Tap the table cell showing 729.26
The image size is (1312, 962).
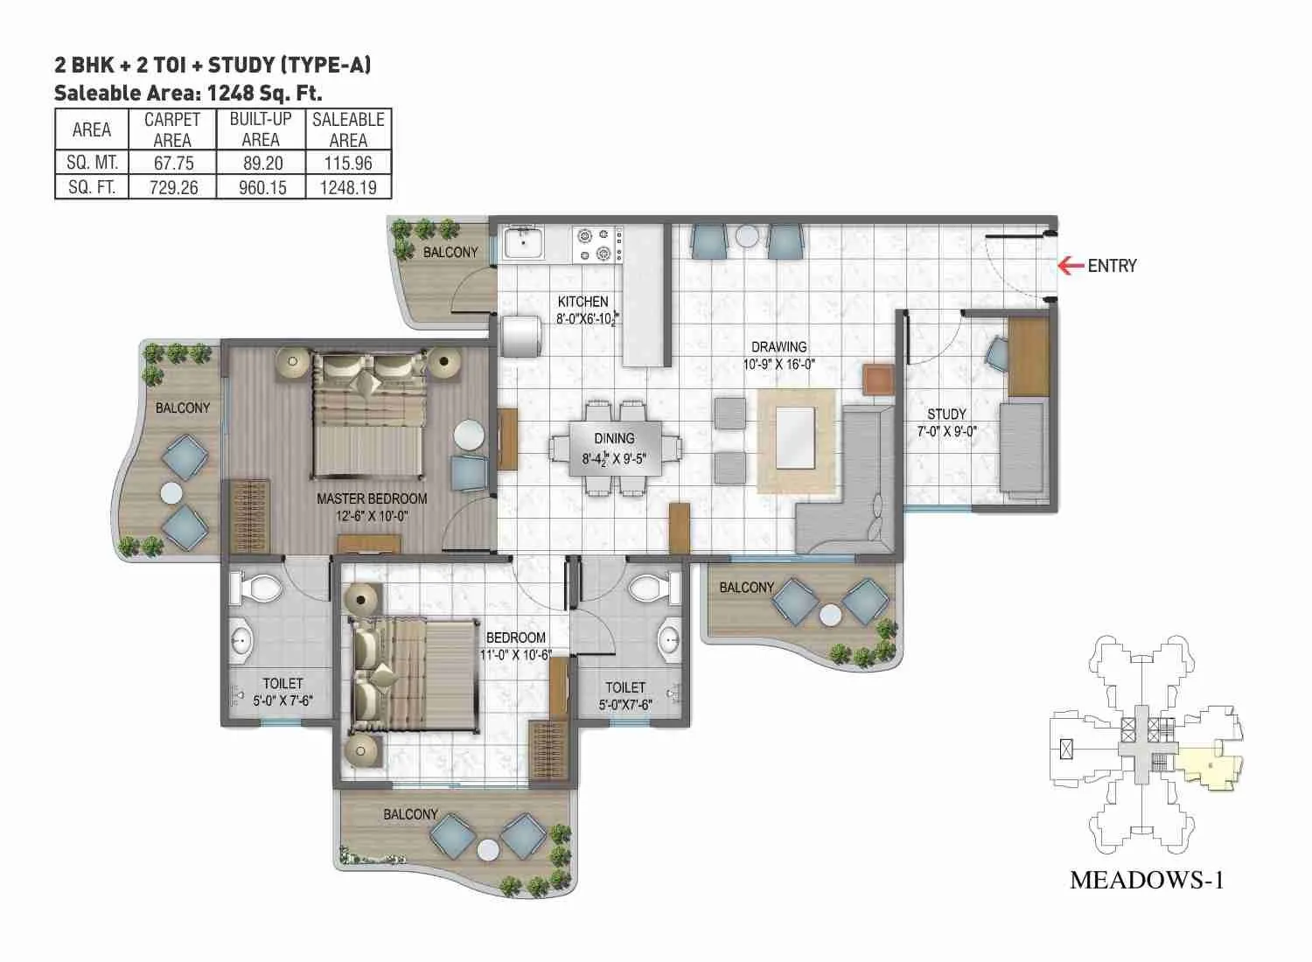(173, 186)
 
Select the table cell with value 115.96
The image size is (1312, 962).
(348, 162)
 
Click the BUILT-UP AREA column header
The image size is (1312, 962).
(261, 129)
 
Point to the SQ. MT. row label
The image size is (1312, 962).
(92, 162)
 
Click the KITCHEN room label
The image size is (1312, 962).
(583, 302)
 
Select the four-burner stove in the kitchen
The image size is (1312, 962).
(597, 244)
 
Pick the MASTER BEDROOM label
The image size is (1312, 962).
(372, 498)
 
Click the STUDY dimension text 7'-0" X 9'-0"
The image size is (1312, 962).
(946, 431)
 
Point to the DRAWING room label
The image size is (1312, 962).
(778, 346)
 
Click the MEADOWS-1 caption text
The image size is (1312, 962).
(1146, 880)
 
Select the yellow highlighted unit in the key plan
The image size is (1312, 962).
(1207, 767)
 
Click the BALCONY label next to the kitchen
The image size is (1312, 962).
(450, 252)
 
